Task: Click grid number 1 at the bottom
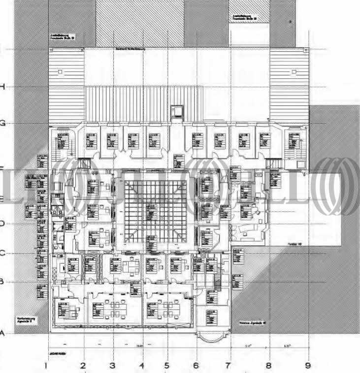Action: coord(45,366)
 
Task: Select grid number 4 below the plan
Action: coord(141,366)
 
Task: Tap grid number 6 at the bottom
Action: coord(196,366)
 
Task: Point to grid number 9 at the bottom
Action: coord(308,366)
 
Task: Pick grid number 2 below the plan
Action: coord(83,366)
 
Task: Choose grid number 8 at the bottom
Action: coord(268,366)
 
